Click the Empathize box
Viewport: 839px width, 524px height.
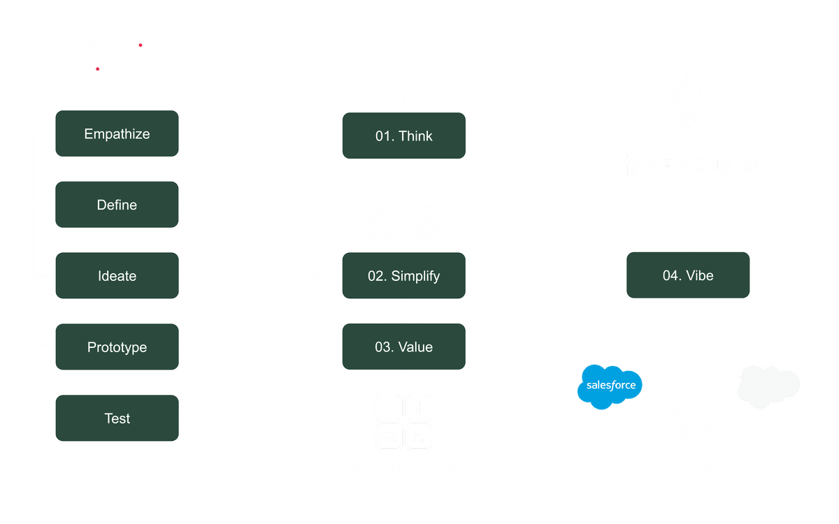click(117, 133)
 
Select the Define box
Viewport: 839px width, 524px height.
click(117, 205)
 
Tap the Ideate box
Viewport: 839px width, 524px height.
click(117, 276)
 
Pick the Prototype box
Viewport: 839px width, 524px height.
click(117, 347)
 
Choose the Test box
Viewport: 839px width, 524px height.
click(117, 419)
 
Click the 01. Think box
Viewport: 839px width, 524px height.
click(403, 136)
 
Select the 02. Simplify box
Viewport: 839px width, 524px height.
click(403, 276)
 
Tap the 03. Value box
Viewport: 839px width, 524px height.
click(403, 347)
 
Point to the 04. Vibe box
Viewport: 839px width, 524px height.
click(688, 275)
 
